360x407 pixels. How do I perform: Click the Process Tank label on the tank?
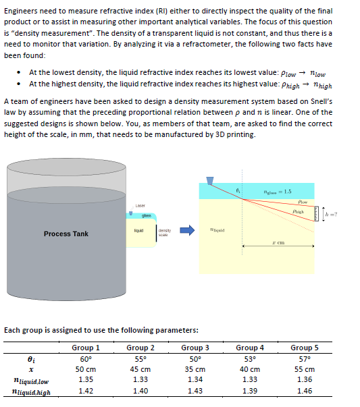point(66,234)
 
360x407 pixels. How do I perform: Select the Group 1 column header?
point(86,348)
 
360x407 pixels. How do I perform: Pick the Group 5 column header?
point(305,348)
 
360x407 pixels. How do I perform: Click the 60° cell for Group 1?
point(86,358)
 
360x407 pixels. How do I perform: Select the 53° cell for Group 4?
point(250,358)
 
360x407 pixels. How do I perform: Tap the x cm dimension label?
point(276,242)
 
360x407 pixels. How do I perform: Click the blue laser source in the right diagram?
point(210,180)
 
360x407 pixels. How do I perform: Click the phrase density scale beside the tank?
point(165,232)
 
